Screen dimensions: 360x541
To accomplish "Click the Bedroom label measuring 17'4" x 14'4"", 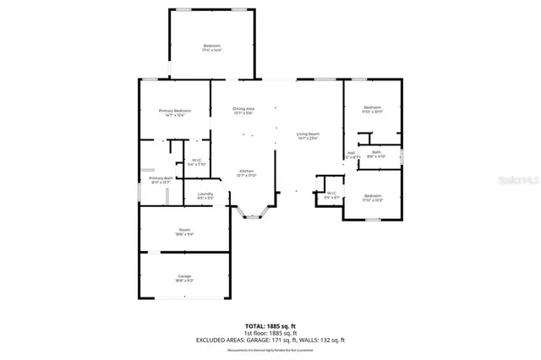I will pos(211,47).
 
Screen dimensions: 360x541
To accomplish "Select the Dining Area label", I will pos(243,110).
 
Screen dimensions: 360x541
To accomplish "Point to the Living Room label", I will pos(307,135).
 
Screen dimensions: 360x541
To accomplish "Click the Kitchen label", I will pos(245,172).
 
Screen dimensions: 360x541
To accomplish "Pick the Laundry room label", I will pos(205,195).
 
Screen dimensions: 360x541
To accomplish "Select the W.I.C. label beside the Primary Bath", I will pos(195,162).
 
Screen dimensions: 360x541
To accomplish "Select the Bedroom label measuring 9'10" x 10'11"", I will pos(373,109).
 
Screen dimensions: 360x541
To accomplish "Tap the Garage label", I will pos(184,278).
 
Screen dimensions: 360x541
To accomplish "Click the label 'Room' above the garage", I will pos(184,232).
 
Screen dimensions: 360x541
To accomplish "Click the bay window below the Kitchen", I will pos(253,214).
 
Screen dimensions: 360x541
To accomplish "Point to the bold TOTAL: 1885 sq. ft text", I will pos(270,325).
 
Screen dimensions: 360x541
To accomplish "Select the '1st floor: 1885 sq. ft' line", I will pos(270,332).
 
